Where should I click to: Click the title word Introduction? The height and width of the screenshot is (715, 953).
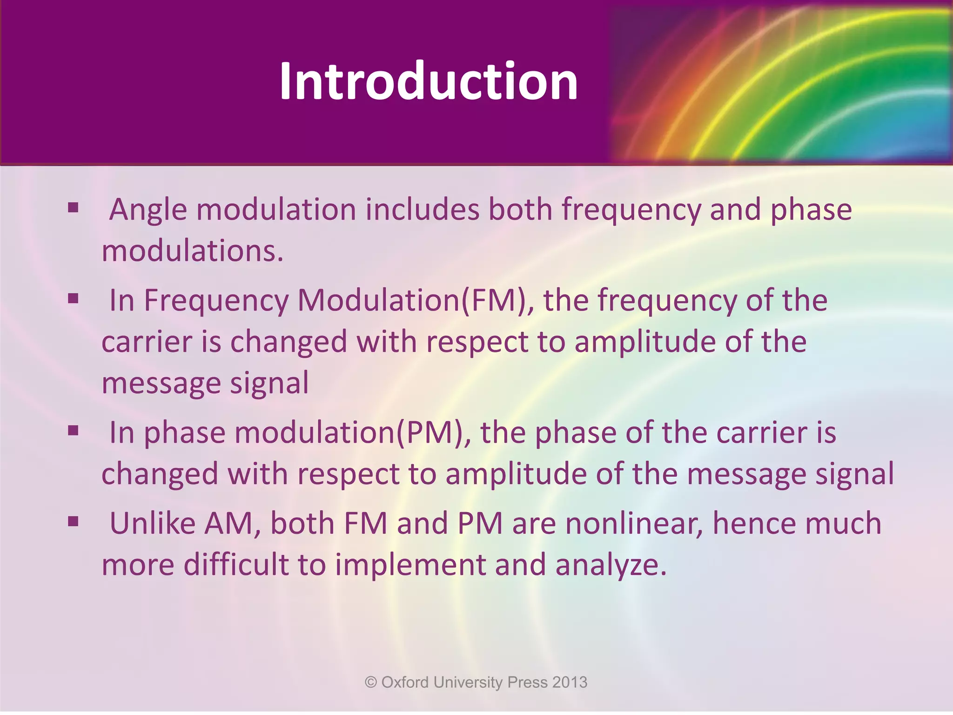pyautogui.click(x=428, y=81)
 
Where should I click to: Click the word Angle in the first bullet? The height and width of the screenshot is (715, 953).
pyautogui.click(x=148, y=210)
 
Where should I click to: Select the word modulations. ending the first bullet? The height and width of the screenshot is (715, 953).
pyautogui.click(x=193, y=251)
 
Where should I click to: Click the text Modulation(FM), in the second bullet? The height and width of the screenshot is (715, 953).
pyautogui.click(x=416, y=300)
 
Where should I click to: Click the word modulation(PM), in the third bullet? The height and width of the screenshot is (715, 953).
pyautogui.click(x=353, y=432)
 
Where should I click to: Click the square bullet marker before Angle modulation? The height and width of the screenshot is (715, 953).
pyautogui.click(x=73, y=207)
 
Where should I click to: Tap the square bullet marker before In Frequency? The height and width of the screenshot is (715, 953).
pyautogui.click(x=73, y=298)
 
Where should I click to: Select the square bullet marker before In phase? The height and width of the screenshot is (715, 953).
pyautogui.click(x=73, y=430)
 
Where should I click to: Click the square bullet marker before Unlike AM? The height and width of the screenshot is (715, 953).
pyautogui.click(x=73, y=521)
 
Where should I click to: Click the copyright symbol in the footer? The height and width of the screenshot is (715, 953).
pyautogui.click(x=371, y=682)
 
